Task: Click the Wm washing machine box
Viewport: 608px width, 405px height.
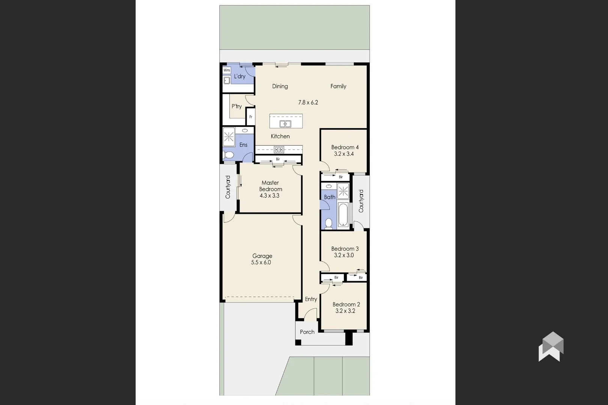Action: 227,70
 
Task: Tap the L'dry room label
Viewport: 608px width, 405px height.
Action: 239,76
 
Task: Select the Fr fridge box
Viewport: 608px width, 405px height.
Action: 251,117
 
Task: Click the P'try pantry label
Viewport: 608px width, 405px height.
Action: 236,106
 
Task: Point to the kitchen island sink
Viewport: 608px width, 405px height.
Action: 286,124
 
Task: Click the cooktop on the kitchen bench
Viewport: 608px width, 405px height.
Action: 279,150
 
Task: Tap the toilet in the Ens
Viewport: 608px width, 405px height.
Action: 229,155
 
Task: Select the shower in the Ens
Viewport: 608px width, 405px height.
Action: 229,137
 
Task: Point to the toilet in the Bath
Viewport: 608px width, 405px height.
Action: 328,223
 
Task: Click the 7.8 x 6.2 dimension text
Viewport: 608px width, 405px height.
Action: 308,102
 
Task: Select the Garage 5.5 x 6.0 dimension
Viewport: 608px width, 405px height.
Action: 261,262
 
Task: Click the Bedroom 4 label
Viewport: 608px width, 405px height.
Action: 345,147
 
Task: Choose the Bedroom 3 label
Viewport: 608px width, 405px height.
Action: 345,249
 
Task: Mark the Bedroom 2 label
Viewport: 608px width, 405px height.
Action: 346,304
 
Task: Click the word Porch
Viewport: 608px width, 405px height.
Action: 307,332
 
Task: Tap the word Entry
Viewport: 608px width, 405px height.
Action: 311,299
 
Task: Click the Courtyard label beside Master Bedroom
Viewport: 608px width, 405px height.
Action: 228,187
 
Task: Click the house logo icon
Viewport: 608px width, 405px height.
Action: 551,347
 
